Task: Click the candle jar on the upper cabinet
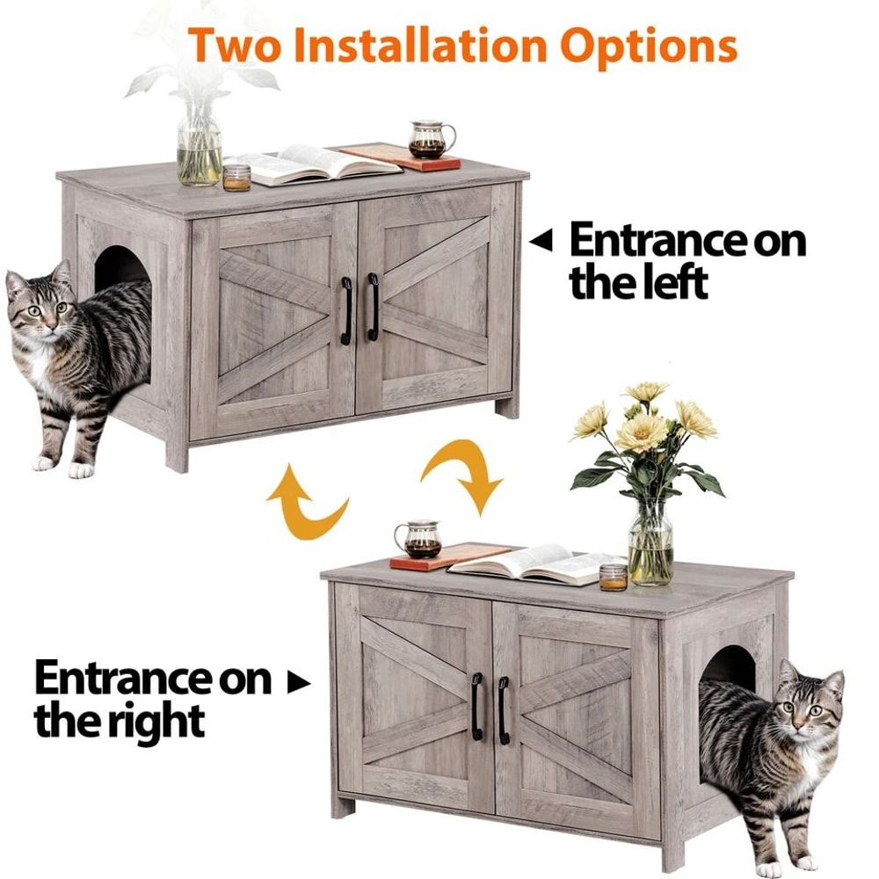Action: click(236, 177)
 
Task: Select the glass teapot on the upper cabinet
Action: click(431, 139)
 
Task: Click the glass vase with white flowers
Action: click(200, 149)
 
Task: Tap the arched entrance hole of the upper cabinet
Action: click(123, 267)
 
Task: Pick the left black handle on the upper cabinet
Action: click(346, 310)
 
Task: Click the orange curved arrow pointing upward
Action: click(303, 498)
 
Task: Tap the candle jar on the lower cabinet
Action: click(614, 577)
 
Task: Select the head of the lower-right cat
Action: click(809, 700)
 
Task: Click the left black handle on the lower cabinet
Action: click(476, 706)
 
